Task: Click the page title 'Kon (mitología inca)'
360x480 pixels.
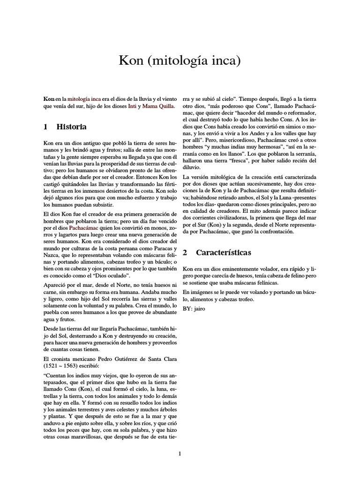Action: click(180, 61)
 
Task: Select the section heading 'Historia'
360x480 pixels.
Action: click(71, 127)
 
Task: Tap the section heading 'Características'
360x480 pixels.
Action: click(223, 253)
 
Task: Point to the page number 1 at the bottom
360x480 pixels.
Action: click(180, 453)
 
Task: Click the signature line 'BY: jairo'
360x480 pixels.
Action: click(194, 309)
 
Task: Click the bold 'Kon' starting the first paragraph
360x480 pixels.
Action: click(48, 99)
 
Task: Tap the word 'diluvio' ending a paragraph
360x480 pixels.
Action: click(192, 167)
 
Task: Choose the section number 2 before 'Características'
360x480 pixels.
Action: click(185, 253)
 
